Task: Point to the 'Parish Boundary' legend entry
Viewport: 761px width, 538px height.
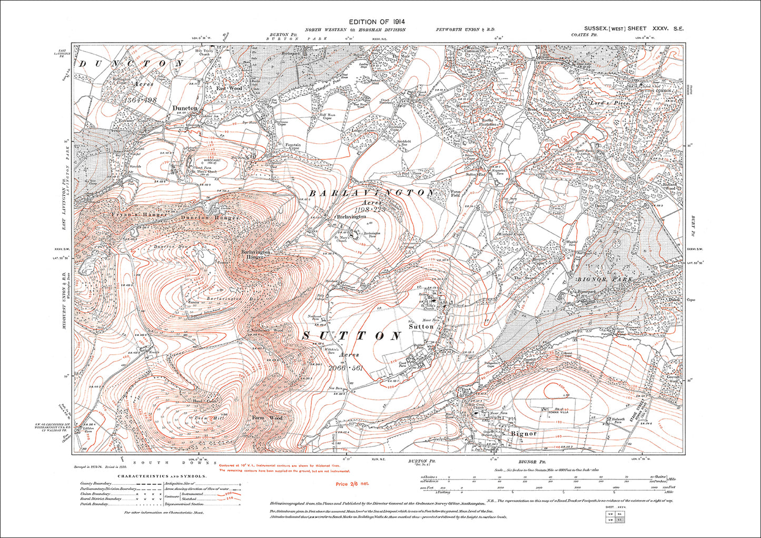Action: point(95,504)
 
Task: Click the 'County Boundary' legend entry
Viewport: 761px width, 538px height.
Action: point(95,483)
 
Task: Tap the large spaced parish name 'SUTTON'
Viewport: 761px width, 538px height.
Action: point(352,335)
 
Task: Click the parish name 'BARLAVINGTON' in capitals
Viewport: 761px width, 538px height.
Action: point(372,194)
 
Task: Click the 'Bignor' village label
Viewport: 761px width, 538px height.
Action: point(523,433)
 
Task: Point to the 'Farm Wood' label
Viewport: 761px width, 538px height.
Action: point(267,418)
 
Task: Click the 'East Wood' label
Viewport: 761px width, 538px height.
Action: point(230,88)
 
